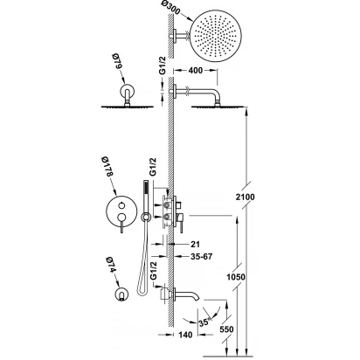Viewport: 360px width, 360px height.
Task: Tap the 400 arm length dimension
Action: pyautogui.click(x=196, y=71)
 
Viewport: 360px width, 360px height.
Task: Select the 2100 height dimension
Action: pyautogui.click(x=245, y=197)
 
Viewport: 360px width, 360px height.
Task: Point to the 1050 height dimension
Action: pyautogui.click(x=236, y=277)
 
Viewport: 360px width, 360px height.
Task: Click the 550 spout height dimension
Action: pyautogui.click(x=226, y=329)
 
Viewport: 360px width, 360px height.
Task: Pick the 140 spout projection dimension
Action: pyautogui.click(x=185, y=335)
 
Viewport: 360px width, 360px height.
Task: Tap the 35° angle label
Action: pyautogui.click(x=204, y=322)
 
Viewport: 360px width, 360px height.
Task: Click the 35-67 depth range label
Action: pyautogui.click(x=202, y=257)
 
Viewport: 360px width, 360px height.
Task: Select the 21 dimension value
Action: pyautogui.click(x=195, y=244)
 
